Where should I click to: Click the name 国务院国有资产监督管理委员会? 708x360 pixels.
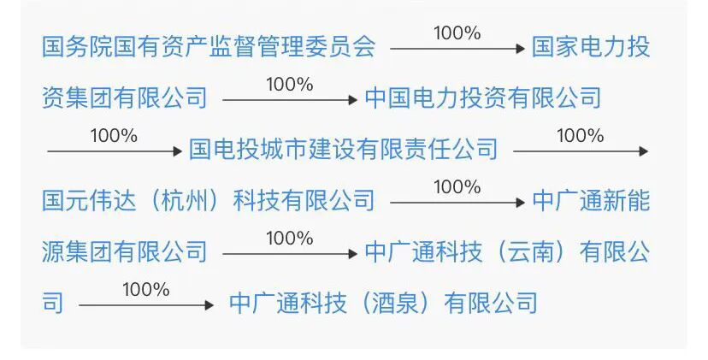[x=209, y=46]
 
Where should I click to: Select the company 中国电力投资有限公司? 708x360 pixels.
[x=482, y=97]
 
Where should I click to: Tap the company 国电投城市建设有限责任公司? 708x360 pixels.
[x=343, y=150]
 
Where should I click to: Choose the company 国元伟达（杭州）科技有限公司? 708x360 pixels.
[x=209, y=200]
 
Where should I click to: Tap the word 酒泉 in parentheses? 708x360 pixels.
[x=396, y=303]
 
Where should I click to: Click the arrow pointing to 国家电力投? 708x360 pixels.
[x=457, y=49]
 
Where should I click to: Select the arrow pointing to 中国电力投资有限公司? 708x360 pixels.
[x=289, y=100]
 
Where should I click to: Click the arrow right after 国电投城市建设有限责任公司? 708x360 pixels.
[x=580, y=151]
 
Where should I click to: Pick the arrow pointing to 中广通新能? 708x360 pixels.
[x=457, y=203]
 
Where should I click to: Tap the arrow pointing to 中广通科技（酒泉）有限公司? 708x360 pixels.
[x=145, y=305]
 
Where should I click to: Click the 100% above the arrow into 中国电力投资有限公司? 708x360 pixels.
[x=289, y=85]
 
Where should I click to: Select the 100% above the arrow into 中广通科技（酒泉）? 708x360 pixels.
[x=145, y=290]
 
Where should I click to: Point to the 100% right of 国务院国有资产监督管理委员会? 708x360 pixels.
[x=457, y=33]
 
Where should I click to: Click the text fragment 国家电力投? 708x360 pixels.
[x=591, y=46]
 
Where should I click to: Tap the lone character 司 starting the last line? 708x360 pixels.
[x=53, y=303]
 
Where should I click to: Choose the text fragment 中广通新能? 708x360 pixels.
[x=591, y=200]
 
